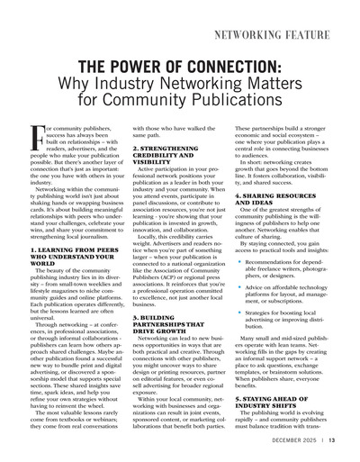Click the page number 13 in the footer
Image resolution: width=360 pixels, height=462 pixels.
click(x=331, y=440)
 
